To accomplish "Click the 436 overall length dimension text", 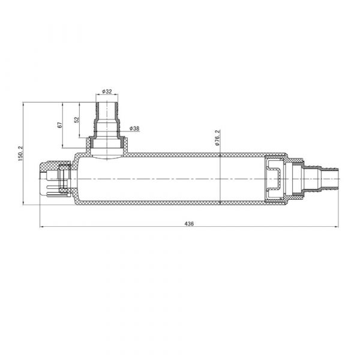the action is (x=189, y=223).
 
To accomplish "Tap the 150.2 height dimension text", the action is (x=20, y=154).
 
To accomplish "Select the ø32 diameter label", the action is (x=107, y=91).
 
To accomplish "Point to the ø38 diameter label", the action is (x=134, y=128).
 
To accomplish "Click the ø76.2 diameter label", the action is (x=217, y=138).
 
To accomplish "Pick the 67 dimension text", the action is (x=59, y=125).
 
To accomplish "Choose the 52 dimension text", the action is (x=77, y=119).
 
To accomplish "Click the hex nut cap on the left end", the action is (x=55, y=179).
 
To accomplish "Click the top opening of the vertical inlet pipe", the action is (x=107, y=103).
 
